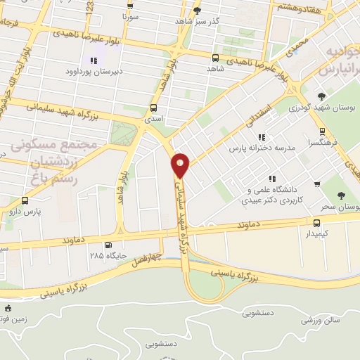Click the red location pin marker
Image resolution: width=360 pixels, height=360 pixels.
(181, 165)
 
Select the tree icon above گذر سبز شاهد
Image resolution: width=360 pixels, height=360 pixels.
(197, 11)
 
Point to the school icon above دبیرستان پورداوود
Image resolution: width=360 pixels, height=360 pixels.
(91, 60)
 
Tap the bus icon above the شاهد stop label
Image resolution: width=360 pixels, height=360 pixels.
(215, 58)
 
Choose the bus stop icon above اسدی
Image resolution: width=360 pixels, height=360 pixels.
(153, 108)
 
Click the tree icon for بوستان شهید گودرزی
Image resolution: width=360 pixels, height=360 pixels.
(321, 96)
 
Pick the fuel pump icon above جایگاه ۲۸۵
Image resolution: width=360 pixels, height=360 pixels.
(108, 245)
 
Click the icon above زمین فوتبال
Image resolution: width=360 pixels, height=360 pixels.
(8, 307)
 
